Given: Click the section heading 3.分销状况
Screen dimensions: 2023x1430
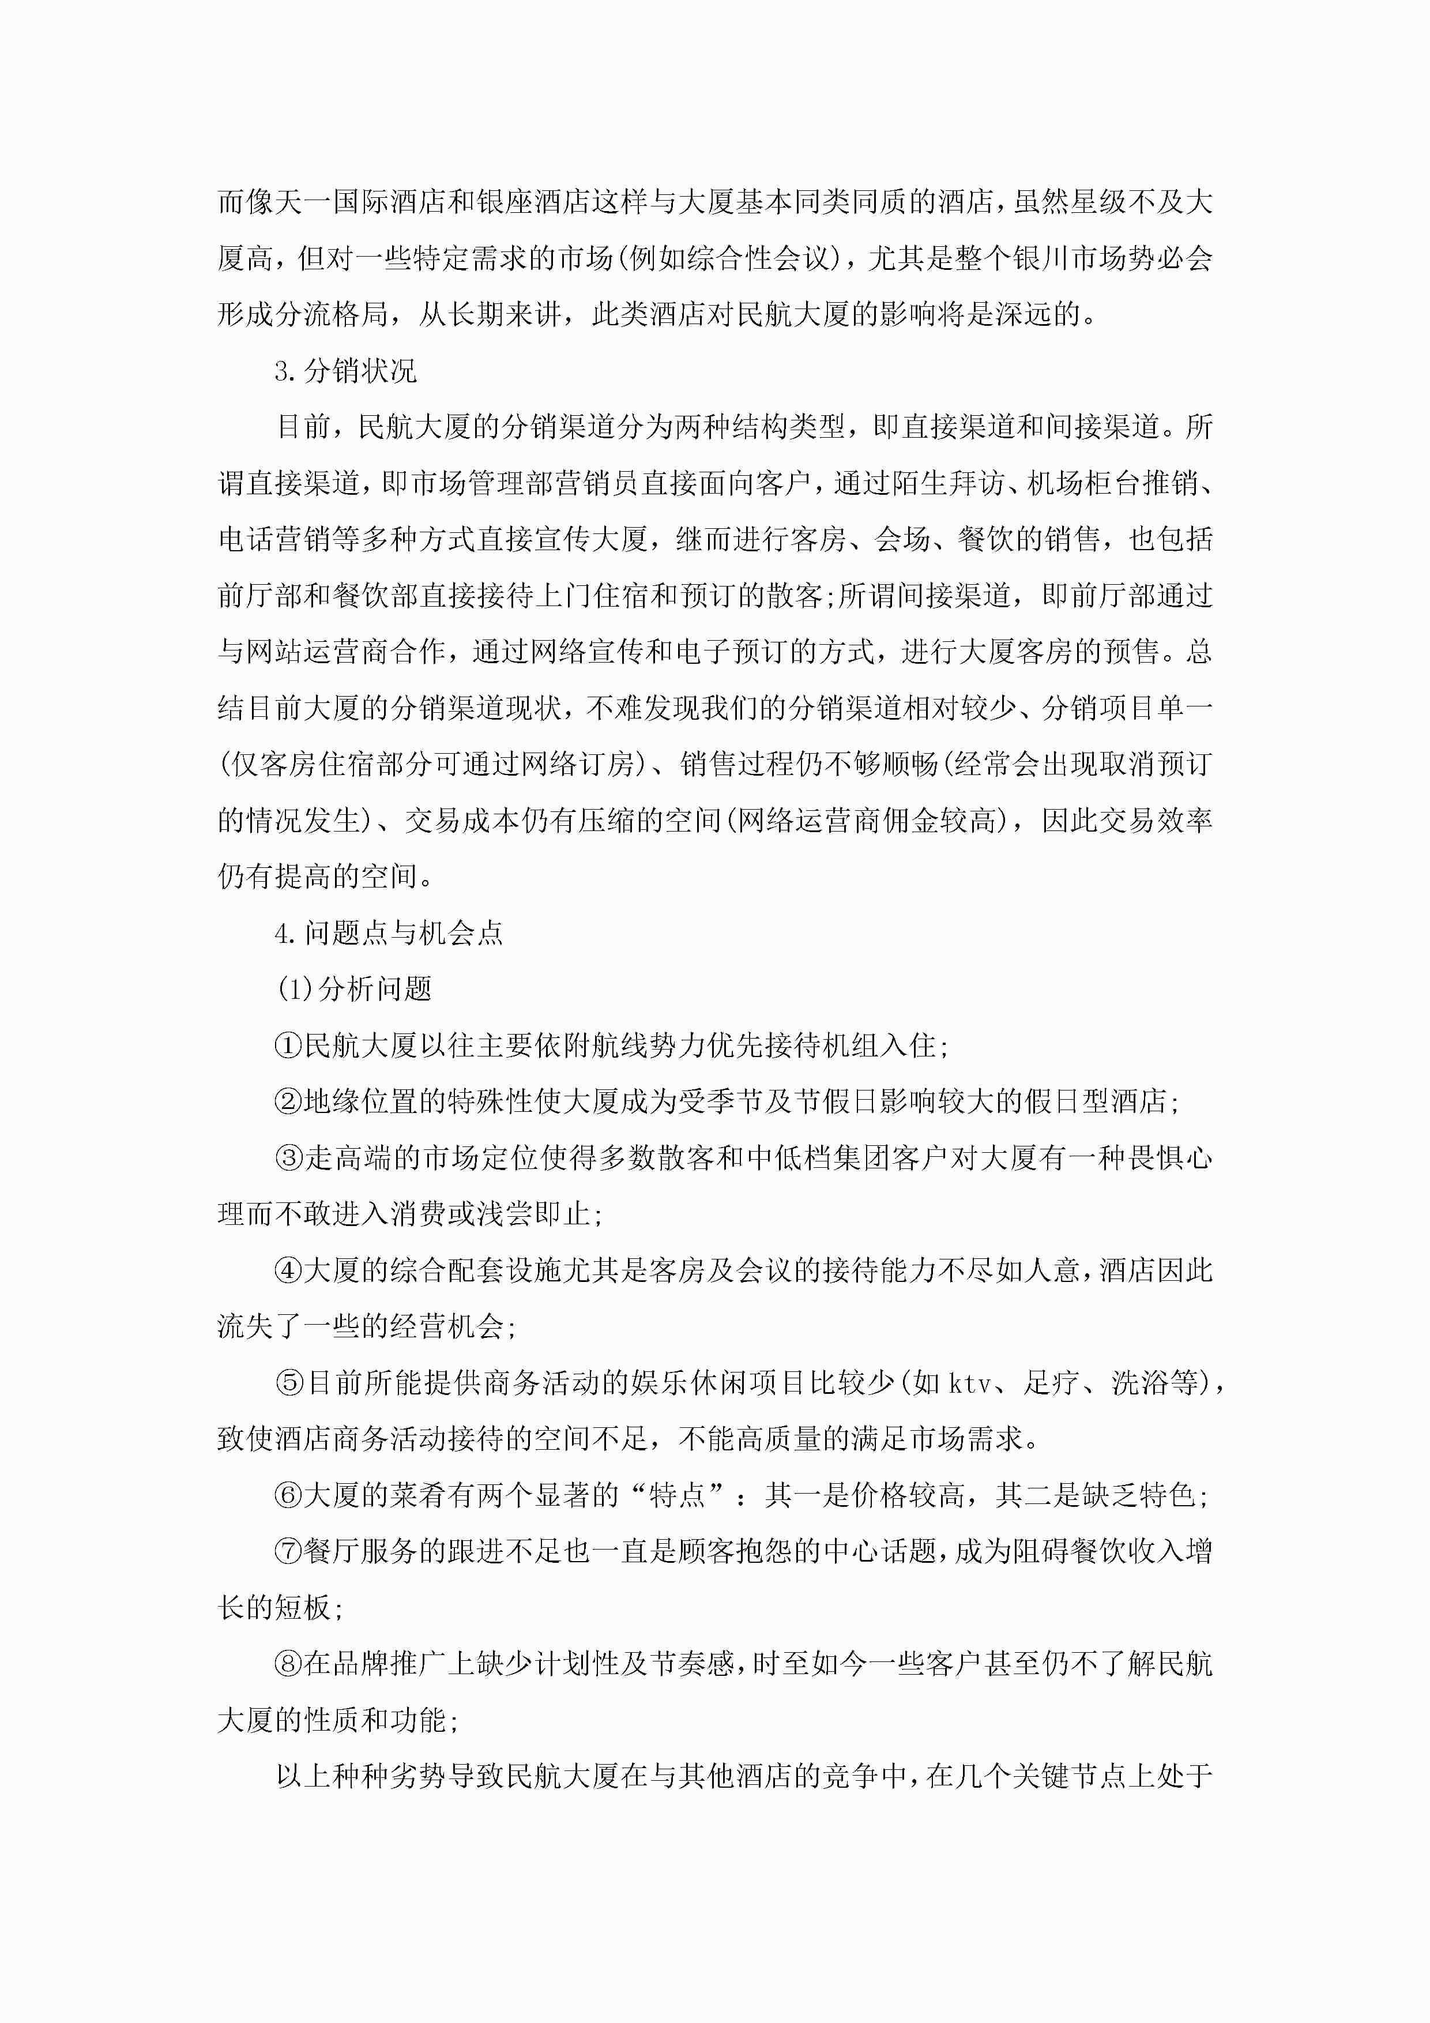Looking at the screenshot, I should tap(345, 371).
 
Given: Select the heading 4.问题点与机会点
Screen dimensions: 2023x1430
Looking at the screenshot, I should tap(389, 933).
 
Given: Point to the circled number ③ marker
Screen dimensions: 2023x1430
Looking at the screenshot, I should tap(289, 1158).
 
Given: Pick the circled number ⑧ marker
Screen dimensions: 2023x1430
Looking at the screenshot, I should tap(289, 1664).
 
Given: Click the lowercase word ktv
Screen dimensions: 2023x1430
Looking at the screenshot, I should tap(970, 1384).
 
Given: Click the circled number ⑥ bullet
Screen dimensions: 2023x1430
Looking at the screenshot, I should tap(289, 1495).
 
